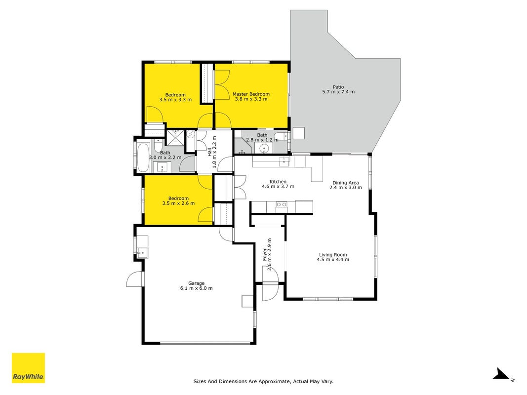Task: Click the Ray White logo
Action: [28, 368]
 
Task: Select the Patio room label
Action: [338, 87]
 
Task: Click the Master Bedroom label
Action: [251, 94]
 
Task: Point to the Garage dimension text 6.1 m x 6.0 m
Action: [196, 288]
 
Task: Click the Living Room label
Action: [333, 255]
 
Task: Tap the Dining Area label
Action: [346, 183]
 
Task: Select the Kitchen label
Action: [278, 182]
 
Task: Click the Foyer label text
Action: [265, 255]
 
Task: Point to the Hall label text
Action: [210, 152]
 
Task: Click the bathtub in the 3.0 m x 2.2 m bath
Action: [144, 157]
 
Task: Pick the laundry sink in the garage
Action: [142, 252]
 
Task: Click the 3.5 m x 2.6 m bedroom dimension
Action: [178, 203]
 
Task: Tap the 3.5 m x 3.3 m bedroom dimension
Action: [175, 99]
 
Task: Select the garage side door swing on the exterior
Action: [134, 278]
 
